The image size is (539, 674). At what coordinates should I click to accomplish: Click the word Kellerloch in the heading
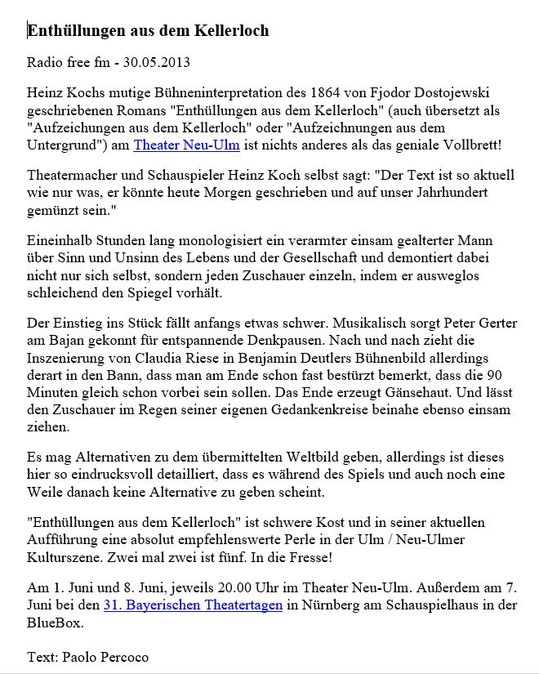coord(232,31)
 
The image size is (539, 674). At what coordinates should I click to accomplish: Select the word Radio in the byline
coord(45,62)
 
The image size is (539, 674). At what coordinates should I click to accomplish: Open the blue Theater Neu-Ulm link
coord(186,145)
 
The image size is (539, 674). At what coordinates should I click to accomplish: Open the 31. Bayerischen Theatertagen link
coord(193,605)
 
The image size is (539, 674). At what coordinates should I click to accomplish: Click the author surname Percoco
coord(122,656)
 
